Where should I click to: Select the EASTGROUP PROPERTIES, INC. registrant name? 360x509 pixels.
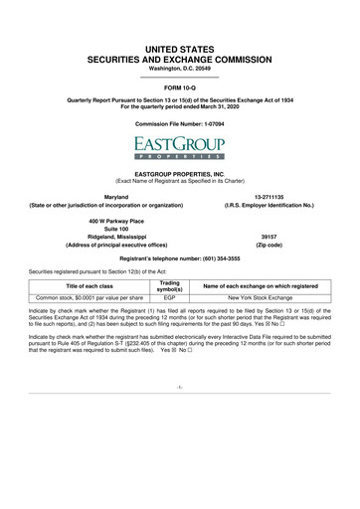(x=180, y=172)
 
